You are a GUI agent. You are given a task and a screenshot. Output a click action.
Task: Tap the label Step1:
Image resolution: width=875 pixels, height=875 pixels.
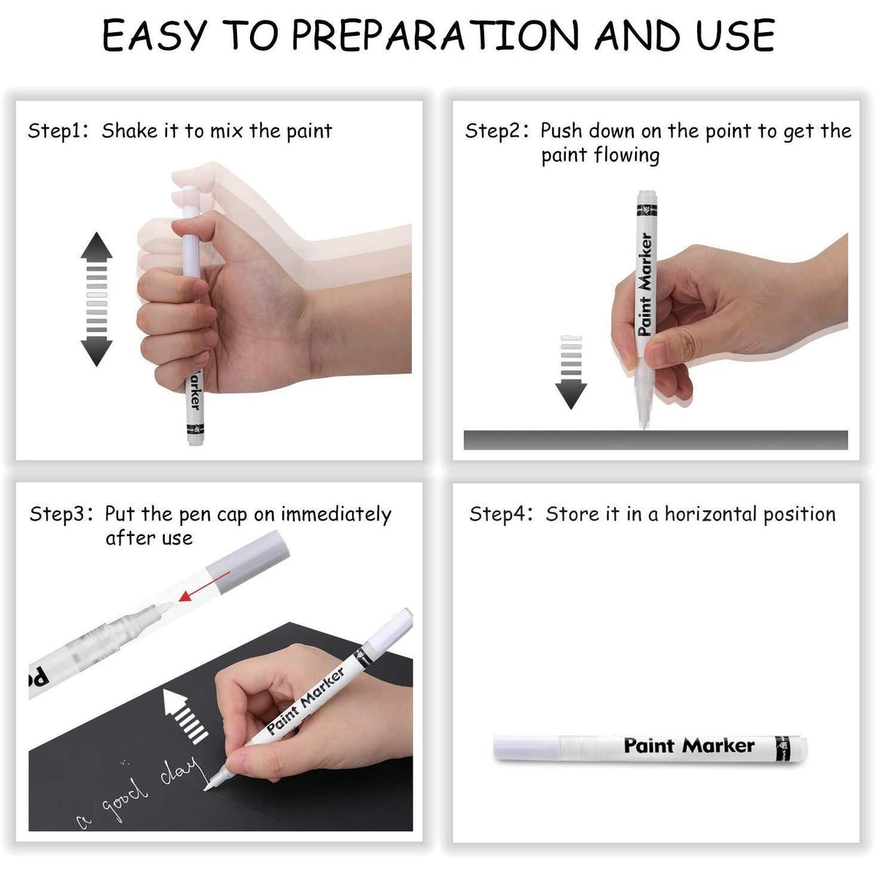58,131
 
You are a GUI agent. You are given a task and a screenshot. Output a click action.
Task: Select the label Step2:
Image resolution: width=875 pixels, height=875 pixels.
496,131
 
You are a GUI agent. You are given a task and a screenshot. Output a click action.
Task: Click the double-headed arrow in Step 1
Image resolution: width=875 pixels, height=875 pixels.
96,299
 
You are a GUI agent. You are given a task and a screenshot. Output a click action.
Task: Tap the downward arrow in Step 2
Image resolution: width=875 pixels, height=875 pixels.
571,372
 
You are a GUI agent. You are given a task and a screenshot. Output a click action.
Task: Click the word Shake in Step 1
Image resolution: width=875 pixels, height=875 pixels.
129,131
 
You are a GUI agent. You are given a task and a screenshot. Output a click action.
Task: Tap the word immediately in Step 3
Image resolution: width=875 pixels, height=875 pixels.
336,514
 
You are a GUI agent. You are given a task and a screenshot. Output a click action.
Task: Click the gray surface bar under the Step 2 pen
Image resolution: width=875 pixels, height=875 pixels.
656,440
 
